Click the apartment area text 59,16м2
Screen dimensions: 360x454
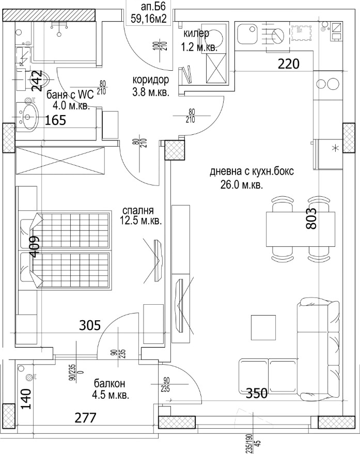coord(149,19)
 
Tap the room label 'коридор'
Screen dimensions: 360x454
coord(151,80)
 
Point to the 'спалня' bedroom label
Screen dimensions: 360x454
coord(138,211)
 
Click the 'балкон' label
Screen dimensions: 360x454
coord(109,383)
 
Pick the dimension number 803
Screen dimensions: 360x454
coord(311,219)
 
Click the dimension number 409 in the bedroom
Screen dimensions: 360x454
coord(35,246)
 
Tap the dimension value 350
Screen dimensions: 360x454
coord(257,394)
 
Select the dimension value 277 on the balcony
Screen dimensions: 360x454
coord(85,418)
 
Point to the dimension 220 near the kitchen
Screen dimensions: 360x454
coord(288,64)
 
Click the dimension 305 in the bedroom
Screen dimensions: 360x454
coord(90,325)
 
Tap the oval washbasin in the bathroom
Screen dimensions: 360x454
coord(28,117)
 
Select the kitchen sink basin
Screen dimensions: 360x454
coord(247,34)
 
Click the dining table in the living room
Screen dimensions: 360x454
coord(301,229)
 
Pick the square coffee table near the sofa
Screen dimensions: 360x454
coord(263,327)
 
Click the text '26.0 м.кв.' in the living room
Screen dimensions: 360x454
coord(242,185)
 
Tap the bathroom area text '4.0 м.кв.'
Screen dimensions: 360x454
coord(71,105)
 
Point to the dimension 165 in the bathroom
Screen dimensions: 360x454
coord(55,120)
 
